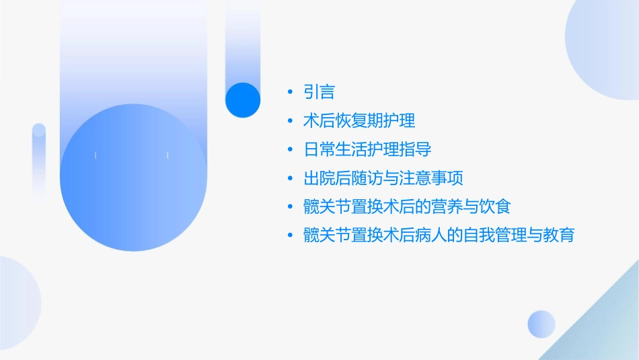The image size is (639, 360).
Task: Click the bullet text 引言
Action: point(319,92)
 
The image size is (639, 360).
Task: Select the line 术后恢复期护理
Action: point(359,121)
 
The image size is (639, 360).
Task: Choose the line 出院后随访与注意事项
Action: point(383,178)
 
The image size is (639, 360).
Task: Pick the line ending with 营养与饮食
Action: point(407,207)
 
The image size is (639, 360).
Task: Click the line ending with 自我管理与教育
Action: point(439,236)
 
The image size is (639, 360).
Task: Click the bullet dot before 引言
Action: point(290,92)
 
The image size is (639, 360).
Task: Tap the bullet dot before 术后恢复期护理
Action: point(290,121)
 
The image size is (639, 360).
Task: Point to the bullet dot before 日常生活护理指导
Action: point(290,149)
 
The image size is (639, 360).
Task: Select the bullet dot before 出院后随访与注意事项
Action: point(290,178)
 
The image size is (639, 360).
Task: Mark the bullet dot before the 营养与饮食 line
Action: point(290,207)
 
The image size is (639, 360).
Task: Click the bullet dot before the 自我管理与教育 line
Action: point(290,236)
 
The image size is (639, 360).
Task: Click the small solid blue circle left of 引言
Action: point(242,100)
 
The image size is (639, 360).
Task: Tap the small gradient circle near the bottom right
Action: point(541,324)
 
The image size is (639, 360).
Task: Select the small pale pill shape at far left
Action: point(39,158)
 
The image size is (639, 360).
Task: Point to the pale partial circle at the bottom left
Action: point(17,303)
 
